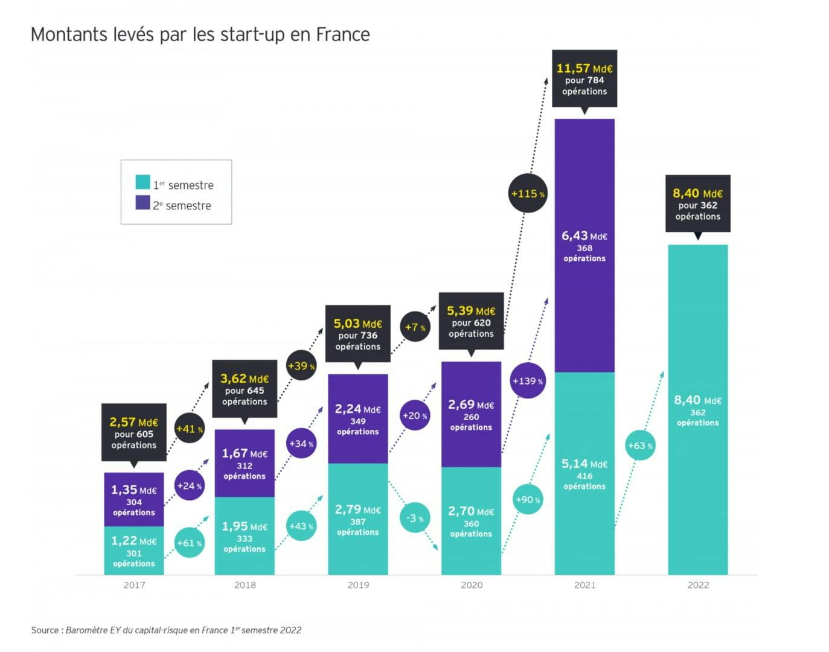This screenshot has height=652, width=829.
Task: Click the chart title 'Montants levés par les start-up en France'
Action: (200, 34)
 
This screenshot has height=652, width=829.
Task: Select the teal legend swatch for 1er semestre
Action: (142, 182)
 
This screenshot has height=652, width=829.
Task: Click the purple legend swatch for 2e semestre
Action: (142, 203)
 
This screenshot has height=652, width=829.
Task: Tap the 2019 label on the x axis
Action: (358, 585)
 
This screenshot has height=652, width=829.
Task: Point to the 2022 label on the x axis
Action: (698, 585)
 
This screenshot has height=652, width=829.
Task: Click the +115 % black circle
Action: (527, 194)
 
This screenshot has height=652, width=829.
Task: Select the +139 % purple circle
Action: (527, 381)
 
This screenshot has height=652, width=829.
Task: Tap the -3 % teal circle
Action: (415, 519)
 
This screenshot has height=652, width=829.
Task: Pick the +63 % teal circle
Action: (640, 446)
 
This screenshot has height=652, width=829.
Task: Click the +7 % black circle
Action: (415, 327)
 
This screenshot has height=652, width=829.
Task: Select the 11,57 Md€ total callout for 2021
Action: (584, 79)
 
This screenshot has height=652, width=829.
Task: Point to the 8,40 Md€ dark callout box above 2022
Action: (697, 204)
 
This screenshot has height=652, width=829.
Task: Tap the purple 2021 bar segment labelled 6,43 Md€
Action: (584, 246)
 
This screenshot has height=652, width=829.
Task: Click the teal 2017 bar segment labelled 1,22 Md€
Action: (133, 551)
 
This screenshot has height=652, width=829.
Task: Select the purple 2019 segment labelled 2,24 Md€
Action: (357, 418)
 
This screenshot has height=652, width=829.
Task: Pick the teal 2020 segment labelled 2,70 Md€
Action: (471, 521)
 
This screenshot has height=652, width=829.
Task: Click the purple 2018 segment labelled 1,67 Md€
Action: (244, 463)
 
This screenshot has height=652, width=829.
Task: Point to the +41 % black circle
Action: (189, 429)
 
